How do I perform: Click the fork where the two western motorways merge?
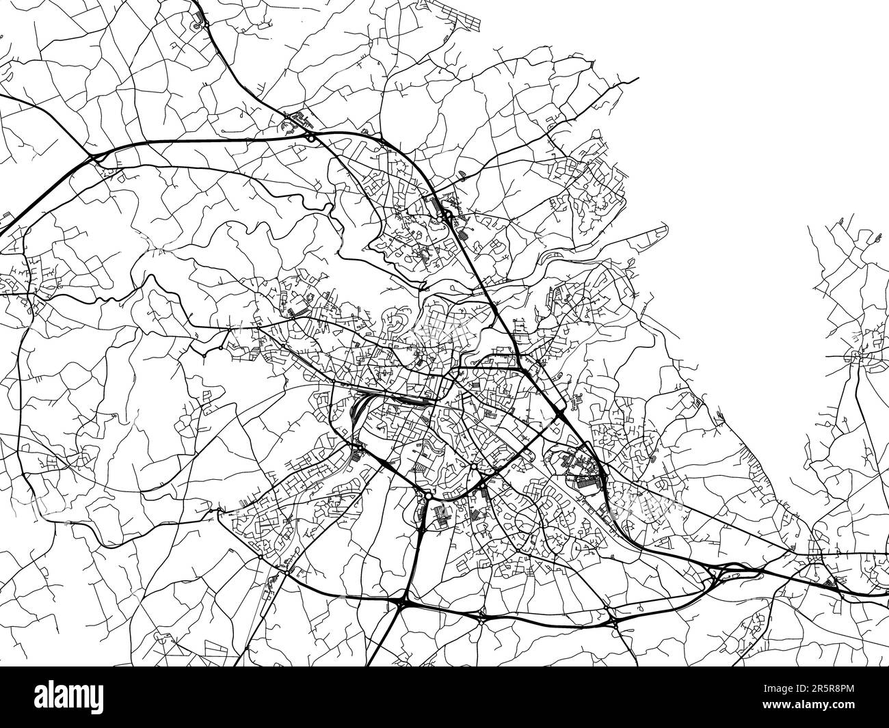click(96, 159)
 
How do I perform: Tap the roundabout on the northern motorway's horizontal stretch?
click(312, 137)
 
